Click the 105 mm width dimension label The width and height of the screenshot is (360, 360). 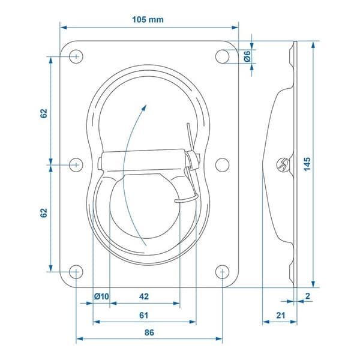point(148,20)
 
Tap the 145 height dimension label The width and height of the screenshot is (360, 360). point(307,164)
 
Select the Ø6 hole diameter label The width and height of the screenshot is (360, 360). point(247,56)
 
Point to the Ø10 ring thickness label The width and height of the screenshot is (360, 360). point(101,296)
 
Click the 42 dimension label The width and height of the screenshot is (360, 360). point(144,296)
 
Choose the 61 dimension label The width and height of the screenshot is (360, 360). point(144,315)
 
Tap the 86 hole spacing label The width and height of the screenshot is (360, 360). point(149,332)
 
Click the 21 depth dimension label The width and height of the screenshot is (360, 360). point(281,315)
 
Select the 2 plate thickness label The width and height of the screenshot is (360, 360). point(308,296)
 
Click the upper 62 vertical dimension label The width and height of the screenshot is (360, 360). point(44,113)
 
